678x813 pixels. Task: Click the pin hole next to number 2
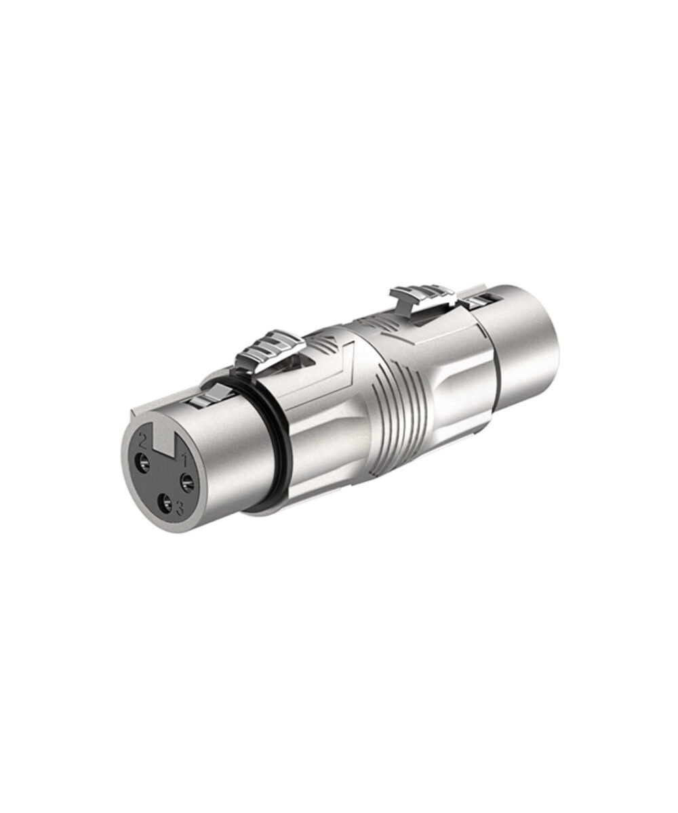pos(143,463)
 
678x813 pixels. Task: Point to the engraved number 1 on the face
pos(186,462)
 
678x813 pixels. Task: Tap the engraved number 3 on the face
pos(179,508)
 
